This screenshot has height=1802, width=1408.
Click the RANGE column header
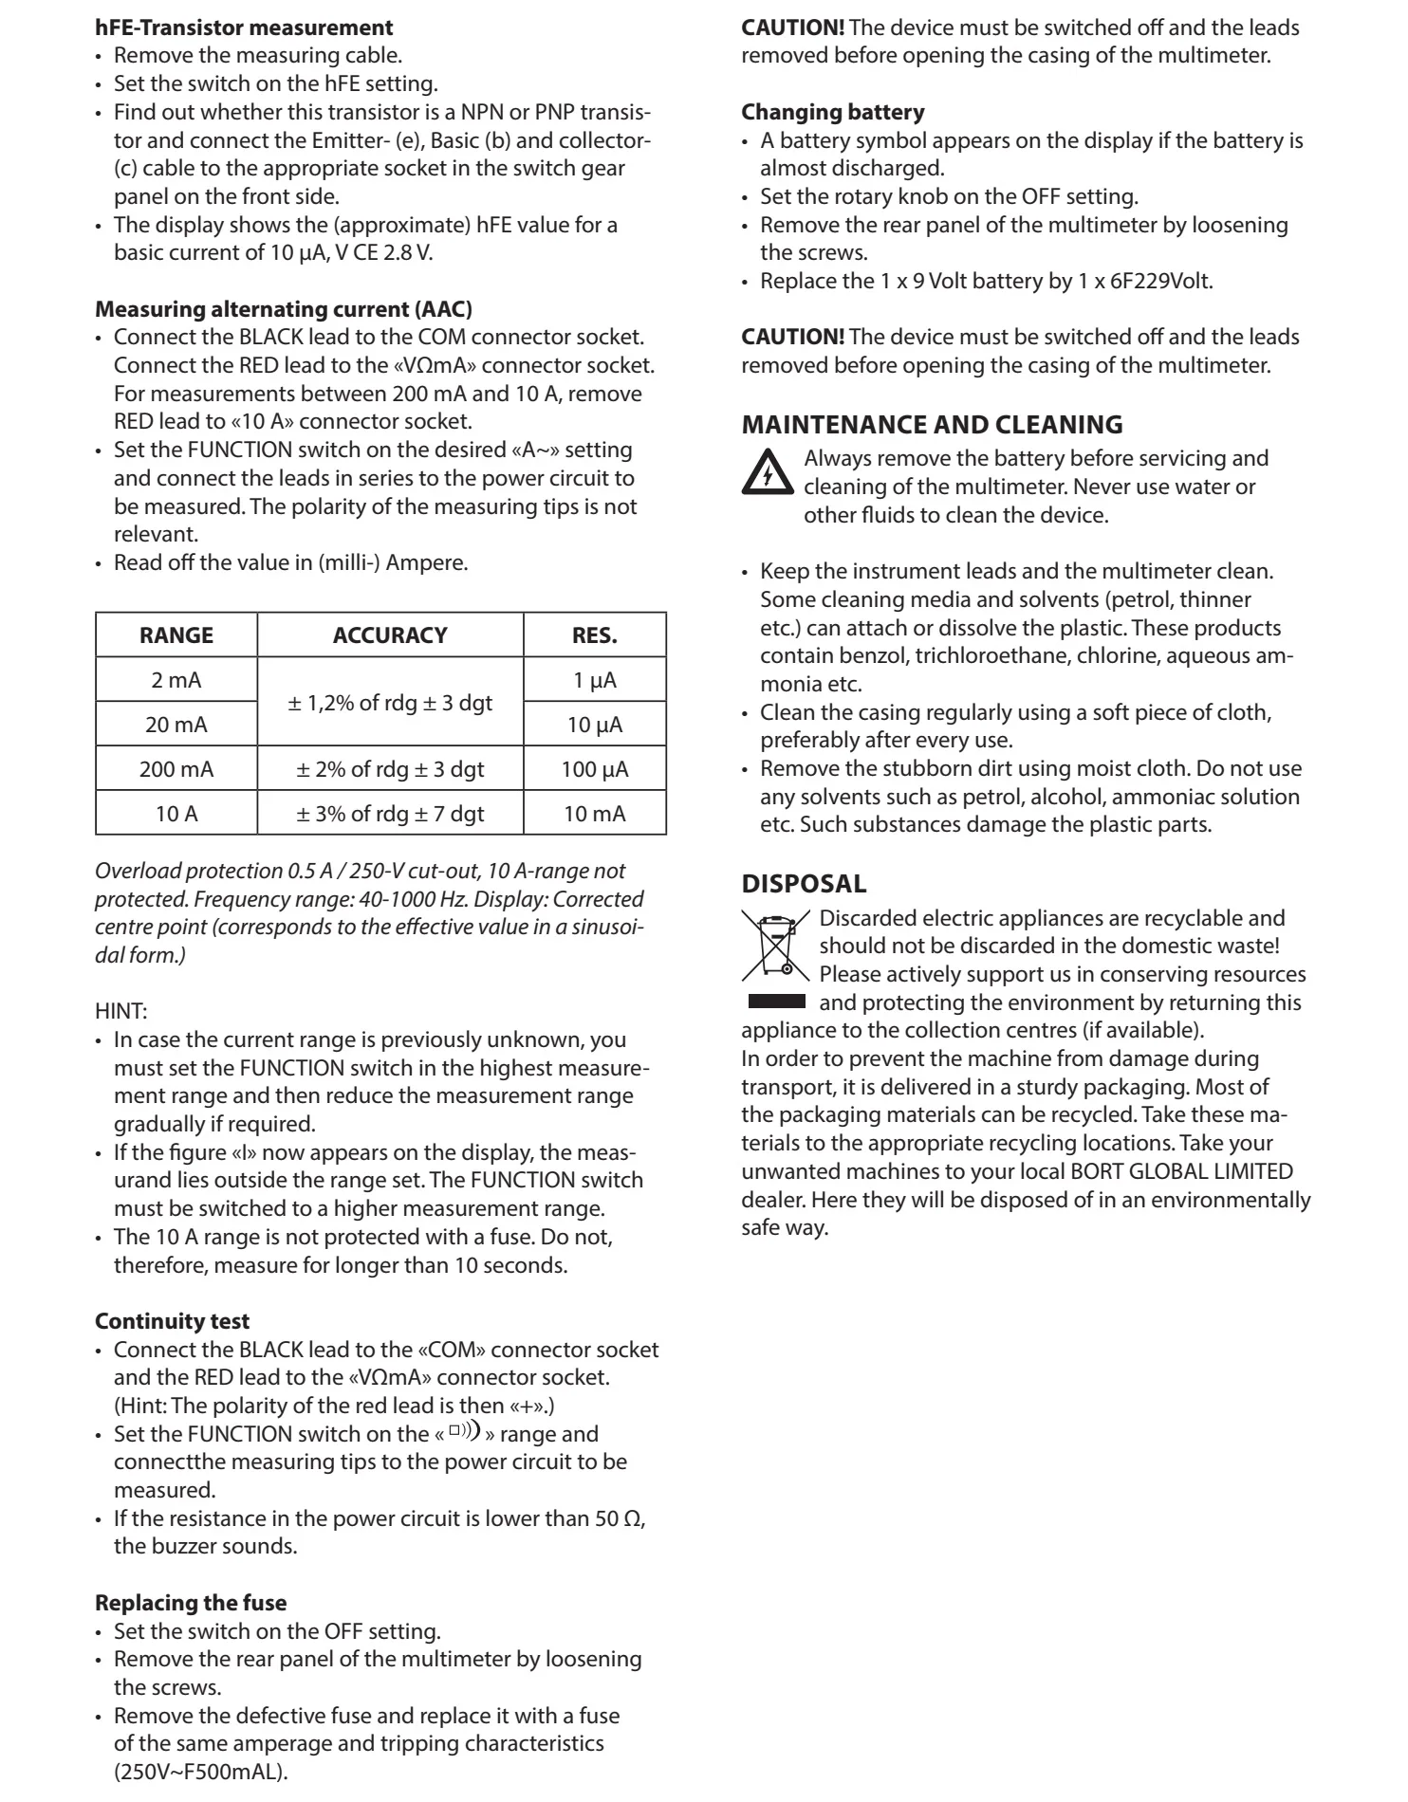[x=176, y=635]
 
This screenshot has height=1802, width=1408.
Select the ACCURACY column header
[x=390, y=635]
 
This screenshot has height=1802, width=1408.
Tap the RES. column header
[x=595, y=635]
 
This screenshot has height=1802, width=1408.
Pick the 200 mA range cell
[x=176, y=769]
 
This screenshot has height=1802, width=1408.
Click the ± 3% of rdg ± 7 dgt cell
[x=390, y=814]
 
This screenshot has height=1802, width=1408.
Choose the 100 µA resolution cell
[x=595, y=769]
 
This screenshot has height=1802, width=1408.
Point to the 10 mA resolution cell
[x=595, y=814]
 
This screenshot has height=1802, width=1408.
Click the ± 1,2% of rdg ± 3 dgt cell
[x=390, y=703]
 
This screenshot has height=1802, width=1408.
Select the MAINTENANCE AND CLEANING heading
[x=932, y=425]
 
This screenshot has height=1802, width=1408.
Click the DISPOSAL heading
[x=804, y=884]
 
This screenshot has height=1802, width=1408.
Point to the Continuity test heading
[x=173, y=1321]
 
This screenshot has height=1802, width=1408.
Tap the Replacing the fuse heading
[x=191, y=1603]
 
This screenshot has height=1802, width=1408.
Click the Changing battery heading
[x=832, y=112]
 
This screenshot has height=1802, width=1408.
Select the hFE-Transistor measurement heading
[x=244, y=28]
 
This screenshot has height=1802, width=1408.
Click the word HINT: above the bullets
[x=120, y=1012]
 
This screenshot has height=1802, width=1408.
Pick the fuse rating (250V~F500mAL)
[x=200, y=1772]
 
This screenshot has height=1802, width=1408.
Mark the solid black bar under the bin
[x=776, y=1002]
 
